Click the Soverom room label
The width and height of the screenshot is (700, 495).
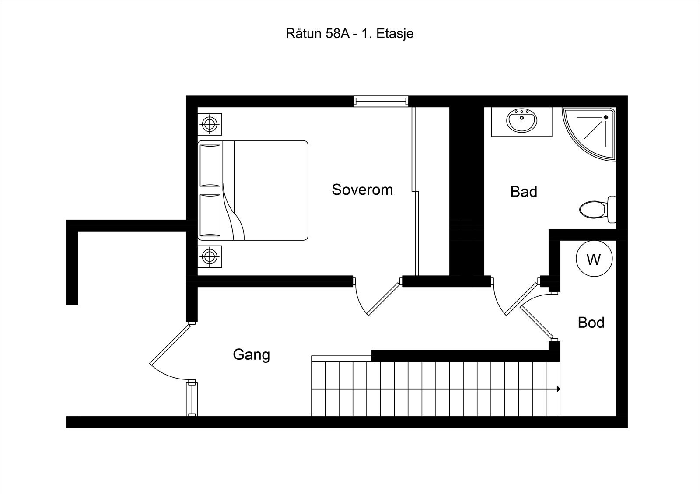362,190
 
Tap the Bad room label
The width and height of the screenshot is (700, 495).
524,191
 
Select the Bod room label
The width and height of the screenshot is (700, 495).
591,323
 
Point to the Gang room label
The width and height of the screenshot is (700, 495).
251,355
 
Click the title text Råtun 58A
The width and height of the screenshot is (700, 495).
318,33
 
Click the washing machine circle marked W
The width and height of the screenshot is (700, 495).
594,259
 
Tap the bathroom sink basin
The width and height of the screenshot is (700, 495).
521,120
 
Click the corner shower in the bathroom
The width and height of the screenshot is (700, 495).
589,134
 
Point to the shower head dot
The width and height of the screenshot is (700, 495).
606,117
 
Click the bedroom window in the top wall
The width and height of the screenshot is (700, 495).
381,101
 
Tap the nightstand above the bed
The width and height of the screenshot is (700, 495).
210,124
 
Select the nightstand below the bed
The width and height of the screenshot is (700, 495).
210,257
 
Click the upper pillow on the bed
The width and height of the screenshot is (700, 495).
210,165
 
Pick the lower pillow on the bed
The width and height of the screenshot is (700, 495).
210,215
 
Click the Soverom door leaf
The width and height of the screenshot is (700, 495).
384,299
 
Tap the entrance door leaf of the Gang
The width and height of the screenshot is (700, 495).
170,344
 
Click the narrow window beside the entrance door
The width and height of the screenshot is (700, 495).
192,399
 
